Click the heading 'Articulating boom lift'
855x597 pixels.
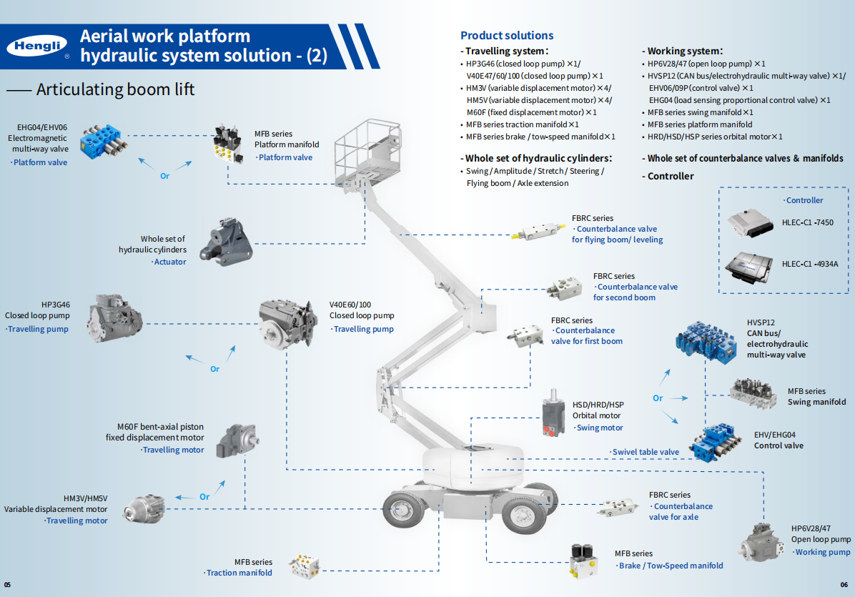115,89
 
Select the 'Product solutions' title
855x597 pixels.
507,35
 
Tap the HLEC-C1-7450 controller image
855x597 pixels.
750,222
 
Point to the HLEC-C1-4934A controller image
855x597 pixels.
750,265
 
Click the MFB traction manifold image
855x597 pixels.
303,567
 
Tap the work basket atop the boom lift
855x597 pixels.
368,150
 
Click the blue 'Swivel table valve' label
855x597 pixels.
645,452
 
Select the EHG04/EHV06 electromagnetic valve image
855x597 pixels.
104,142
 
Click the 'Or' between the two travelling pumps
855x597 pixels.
214,369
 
